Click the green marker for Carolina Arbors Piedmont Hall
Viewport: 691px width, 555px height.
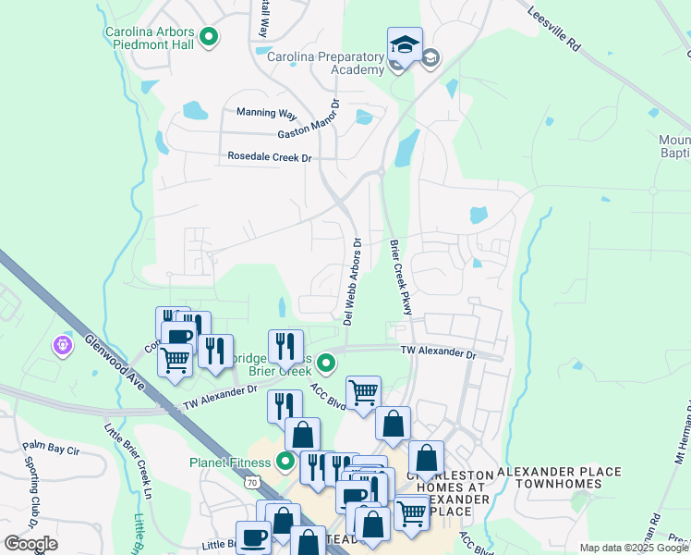click(209, 38)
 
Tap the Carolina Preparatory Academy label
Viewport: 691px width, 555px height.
click(325, 63)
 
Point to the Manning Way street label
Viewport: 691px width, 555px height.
click(266, 113)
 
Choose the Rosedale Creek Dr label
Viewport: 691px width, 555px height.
click(270, 157)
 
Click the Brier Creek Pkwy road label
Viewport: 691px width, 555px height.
click(399, 277)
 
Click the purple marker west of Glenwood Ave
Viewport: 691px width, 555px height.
click(63, 345)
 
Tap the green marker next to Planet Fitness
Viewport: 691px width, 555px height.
click(286, 461)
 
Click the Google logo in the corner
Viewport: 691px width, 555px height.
click(31, 544)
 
